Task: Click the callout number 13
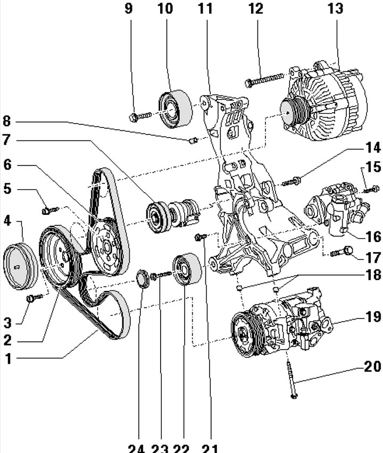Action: tap(336, 9)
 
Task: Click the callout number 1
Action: tap(8, 359)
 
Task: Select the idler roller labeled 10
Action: tap(174, 110)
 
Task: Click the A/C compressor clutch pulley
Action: tap(244, 335)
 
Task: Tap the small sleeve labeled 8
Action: tap(194, 140)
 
